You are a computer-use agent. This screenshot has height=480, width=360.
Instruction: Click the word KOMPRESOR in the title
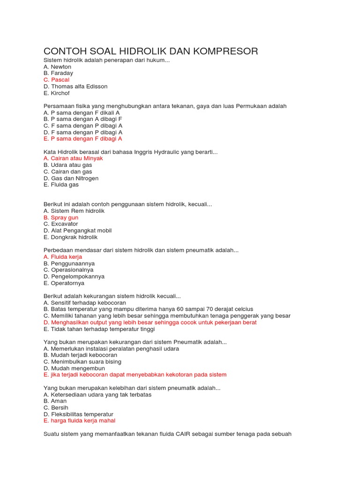click(x=225, y=51)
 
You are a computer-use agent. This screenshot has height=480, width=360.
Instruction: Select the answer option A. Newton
click(x=57, y=67)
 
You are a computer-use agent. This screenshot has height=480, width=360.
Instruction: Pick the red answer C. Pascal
click(x=56, y=80)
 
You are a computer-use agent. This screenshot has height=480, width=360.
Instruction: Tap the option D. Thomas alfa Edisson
click(x=75, y=87)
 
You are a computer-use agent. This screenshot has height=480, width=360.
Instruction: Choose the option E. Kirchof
click(x=56, y=93)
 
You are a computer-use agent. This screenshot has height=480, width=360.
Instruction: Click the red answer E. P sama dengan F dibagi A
click(x=82, y=139)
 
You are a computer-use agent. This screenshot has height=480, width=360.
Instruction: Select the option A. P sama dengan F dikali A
click(x=82, y=112)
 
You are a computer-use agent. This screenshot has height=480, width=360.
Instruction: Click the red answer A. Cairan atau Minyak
click(x=73, y=158)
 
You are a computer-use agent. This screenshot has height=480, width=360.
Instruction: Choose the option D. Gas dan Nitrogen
click(x=71, y=178)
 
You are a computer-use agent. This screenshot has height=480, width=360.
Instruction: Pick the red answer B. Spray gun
click(x=61, y=217)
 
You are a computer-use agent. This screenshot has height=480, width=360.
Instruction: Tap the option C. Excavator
click(x=61, y=224)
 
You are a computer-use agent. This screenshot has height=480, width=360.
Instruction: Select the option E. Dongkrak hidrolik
click(x=70, y=237)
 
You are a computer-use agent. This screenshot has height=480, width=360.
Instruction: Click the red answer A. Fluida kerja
click(x=63, y=257)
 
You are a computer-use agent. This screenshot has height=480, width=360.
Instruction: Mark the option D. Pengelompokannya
click(x=74, y=277)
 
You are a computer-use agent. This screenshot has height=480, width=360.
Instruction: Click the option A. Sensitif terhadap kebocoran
click(x=84, y=303)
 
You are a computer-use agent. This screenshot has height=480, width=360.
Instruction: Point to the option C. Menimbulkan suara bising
click(x=82, y=362)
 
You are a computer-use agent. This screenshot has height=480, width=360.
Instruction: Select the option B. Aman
click(x=55, y=401)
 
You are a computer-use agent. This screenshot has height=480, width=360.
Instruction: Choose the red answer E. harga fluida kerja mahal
click(x=79, y=421)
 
